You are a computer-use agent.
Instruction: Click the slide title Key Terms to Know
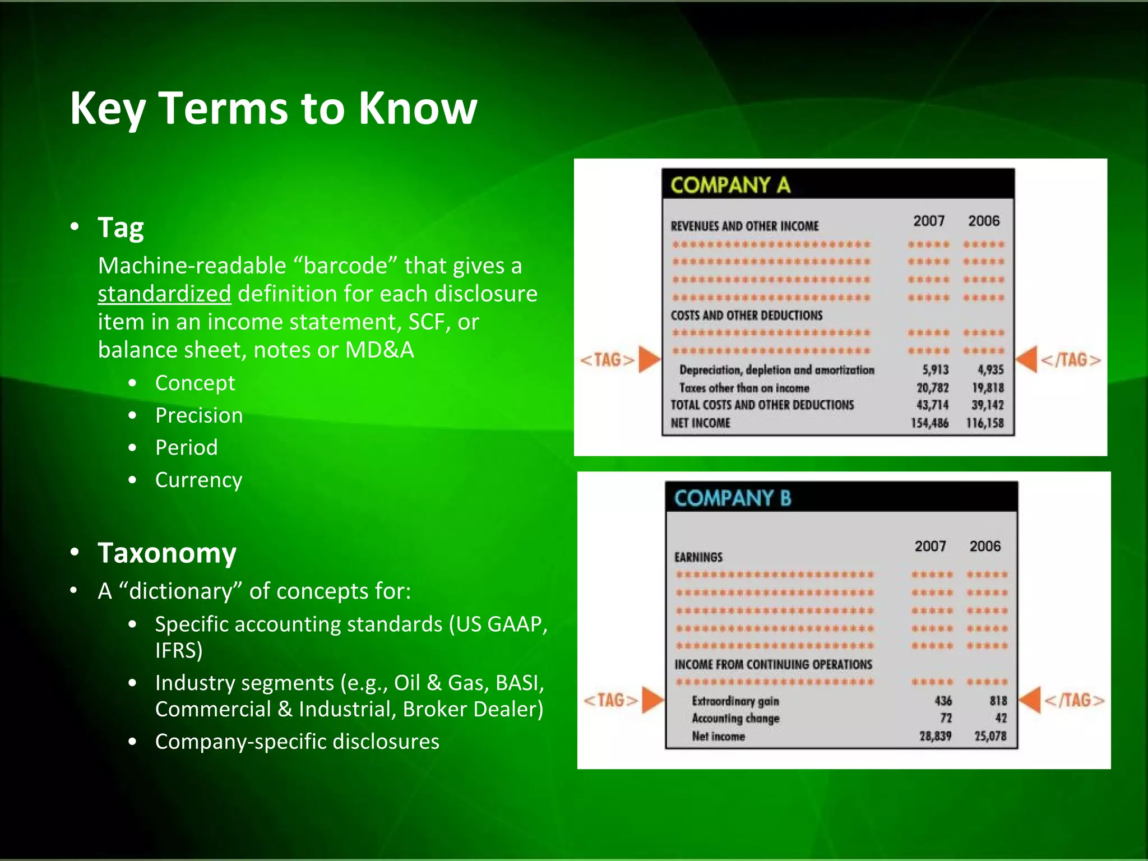click(273, 108)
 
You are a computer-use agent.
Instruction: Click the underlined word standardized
click(164, 294)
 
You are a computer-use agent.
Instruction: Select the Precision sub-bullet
click(199, 415)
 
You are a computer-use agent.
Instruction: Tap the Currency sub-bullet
click(198, 480)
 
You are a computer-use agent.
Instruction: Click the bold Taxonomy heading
click(167, 553)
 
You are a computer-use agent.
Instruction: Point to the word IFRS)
click(179, 650)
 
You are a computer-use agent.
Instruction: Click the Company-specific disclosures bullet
click(297, 742)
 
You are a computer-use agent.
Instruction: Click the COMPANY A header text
click(730, 185)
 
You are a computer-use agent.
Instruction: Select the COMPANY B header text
click(733, 498)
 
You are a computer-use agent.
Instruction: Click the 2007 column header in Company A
click(929, 221)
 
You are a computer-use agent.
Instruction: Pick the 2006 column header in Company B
click(985, 546)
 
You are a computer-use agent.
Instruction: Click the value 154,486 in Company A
click(929, 423)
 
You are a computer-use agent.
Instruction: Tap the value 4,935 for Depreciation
click(990, 370)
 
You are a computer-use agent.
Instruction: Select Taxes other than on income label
click(744, 388)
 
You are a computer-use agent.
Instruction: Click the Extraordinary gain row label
click(735, 701)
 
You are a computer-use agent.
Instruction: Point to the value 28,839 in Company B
click(935, 736)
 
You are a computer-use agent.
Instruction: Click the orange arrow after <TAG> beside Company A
click(649, 359)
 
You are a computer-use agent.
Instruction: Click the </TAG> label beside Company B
click(1074, 700)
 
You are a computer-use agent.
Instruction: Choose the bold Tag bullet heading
click(121, 228)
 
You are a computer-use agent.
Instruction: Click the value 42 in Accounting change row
click(1001, 718)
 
